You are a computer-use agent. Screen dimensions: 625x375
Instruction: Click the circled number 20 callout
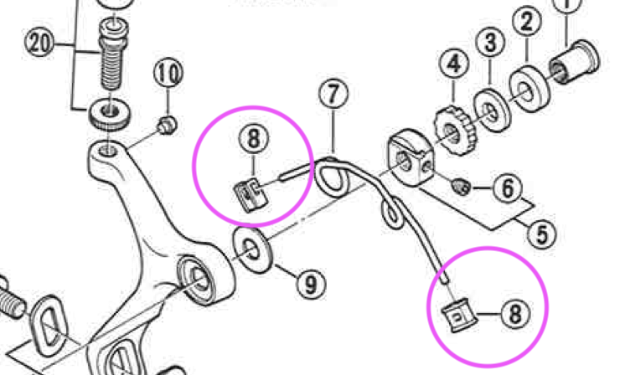click(39, 42)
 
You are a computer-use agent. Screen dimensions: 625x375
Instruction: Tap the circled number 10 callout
click(168, 73)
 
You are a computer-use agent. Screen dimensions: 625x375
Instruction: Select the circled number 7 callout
click(333, 94)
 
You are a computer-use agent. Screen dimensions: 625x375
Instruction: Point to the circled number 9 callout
click(311, 284)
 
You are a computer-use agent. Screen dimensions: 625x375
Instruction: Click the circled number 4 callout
click(454, 64)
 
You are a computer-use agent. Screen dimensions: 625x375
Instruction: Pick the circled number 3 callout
click(490, 42)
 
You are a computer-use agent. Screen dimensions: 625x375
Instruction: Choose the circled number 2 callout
click(527, 21)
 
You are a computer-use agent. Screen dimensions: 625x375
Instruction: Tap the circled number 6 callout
click(508, 187)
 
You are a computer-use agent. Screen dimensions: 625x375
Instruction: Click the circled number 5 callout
click(542, 234)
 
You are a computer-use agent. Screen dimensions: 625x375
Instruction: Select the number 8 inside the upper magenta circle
click(254, 139)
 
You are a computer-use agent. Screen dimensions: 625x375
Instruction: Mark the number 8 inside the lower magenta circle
click(516, 314)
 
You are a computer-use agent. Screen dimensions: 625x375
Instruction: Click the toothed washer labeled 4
click(454, 131)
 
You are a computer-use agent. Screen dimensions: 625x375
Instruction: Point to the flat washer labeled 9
click(253, 250)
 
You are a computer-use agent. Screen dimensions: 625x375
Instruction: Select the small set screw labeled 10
click(168, 125)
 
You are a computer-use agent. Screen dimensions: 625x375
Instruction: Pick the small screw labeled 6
click(461, 187)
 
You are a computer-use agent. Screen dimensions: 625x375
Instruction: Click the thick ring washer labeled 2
click(529, 90)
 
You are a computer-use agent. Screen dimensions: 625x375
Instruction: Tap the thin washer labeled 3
click(493, 110)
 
